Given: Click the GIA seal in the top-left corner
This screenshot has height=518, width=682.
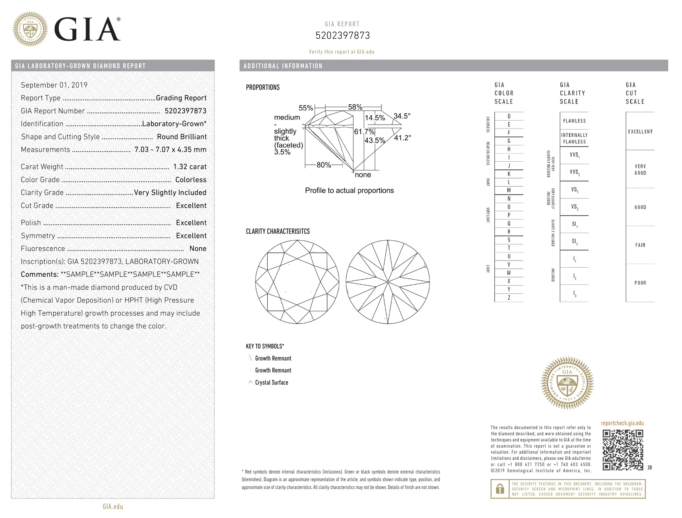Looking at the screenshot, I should pyautogui.click(x=30, y=29).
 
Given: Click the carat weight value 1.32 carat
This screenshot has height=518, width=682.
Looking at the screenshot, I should pyautogui.click(x=190, y=167).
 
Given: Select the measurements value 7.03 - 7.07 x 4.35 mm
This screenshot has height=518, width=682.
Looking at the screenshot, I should pyautogui.click(x=170, y=150).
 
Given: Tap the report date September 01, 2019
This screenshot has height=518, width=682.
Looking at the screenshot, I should pyautogui.click(x=54, y=85).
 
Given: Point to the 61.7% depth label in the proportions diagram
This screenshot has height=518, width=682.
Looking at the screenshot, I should pyautogui.click(x=364, y=132).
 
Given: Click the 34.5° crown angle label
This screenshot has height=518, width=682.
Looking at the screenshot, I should pyautogui.click(x=402, y=116).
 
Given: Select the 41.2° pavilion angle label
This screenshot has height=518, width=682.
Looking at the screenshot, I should pyautogui.click(x=403, y=138).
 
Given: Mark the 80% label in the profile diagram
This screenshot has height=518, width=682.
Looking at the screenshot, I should pyautogui.click(x=324, y=165).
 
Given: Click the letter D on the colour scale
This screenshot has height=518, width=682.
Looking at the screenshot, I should pyautogui.click(x=509, y=116).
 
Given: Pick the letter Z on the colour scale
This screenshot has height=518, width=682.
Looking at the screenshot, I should pyautogui.click(x=509, y=298).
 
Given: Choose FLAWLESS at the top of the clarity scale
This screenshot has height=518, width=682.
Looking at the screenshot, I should pyautogui.click(x=574, y=121).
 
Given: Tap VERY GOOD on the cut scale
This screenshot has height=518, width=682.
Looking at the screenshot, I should pyautogui.click(x=640, y=170).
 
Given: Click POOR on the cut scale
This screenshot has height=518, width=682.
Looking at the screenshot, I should pyautogui.click(x=640, y=283).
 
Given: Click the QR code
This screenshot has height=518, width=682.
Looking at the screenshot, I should pyautogui.click(x=623, y=450).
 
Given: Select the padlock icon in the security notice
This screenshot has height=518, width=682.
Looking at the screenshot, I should pyautogui.click(x=500, y=489).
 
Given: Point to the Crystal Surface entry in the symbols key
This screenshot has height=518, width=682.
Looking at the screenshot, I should pyautogui.click(x=272, y=382).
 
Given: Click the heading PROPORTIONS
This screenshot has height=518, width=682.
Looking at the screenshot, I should pyautogui.click(x=263, y=88).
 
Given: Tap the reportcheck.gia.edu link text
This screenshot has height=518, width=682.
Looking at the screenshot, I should pyautogui.click(x=622, y=423).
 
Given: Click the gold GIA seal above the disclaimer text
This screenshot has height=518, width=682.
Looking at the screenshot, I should pyautogui.click(x=567, y=383).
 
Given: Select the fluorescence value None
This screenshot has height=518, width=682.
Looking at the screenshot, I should pyautogui.click(x=198, y=248).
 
